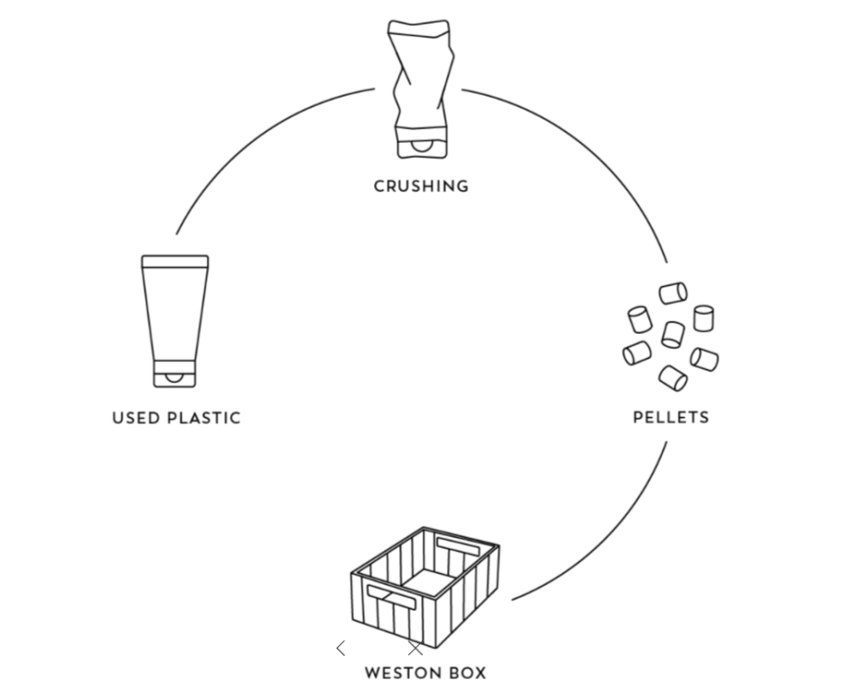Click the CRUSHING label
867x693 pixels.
(x=421, y=187)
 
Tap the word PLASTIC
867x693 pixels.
(x=205, y=418)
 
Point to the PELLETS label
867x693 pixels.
(x=670, y=417)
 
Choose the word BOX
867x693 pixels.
(x=468, y=673)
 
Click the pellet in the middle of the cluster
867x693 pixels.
(x=672, y=335)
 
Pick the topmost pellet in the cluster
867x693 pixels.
(x=673, y=293)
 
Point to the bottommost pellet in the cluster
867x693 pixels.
(x=672, y=378)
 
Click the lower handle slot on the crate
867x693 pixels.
(x=390, y=596)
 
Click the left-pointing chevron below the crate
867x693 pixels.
(x=340, y=648)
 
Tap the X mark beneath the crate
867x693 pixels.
(x=415, y=648)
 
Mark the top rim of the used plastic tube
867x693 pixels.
(x=175, y=262)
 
